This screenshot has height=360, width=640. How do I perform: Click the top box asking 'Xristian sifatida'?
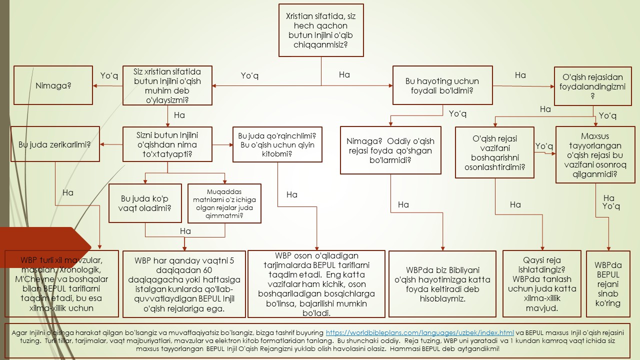pos(321,30)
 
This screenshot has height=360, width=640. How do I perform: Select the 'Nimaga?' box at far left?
pos(53,85)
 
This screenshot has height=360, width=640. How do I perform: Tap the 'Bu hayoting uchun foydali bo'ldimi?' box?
pos(442,86)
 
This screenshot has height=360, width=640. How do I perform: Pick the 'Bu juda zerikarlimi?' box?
pos(54,144)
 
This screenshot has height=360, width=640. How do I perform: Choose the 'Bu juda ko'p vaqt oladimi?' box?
pos(145,203)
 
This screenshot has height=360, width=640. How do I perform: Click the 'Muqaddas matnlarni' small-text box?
pos(224,203)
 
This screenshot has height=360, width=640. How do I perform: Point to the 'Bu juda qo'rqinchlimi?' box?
pos(277,144)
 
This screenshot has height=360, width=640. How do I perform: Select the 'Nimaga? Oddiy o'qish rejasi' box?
pos(390,150)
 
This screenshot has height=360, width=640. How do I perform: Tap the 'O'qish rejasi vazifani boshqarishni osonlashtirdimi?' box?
pos(494,152)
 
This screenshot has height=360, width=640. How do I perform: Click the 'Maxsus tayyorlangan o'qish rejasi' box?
pos(594,155)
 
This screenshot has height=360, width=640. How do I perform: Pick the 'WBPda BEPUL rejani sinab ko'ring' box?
pos(608,284)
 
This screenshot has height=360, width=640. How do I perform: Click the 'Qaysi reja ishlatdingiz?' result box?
pos(542,284)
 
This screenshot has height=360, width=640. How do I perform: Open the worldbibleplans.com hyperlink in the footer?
pos(419,332)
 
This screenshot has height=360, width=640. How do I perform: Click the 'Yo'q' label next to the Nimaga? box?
pos(109,75)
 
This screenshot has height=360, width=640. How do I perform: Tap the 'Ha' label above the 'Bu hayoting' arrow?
pos(344,74)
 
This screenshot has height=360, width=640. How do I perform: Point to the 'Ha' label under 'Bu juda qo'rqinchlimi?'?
pos(292,194)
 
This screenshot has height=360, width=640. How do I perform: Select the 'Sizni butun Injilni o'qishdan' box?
pos(167,144)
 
